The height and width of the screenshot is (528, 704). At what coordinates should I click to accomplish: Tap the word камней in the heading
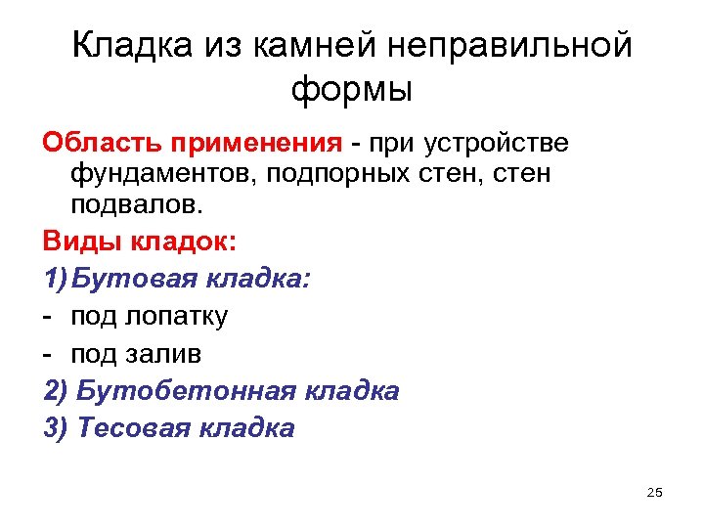[313, 45]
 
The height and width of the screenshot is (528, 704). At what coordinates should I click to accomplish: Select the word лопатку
[177, 316]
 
